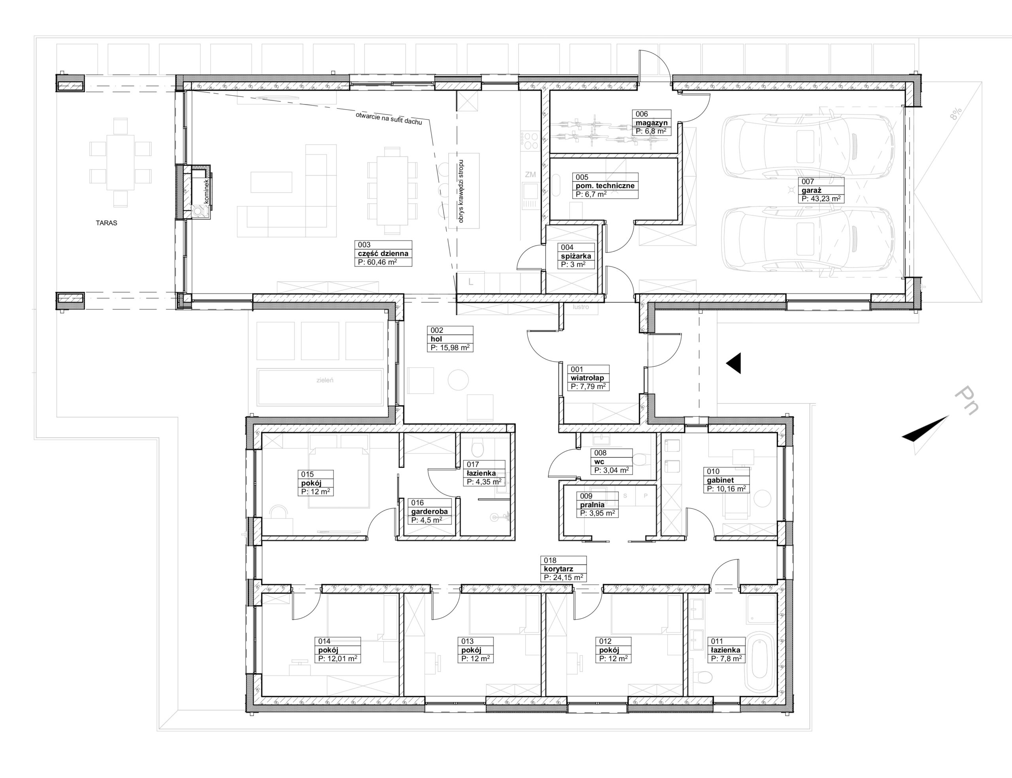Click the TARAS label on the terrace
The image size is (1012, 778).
(x=106, y=223)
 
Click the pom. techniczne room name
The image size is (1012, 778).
(x=605, y=186)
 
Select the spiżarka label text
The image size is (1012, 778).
(x=576, y=256)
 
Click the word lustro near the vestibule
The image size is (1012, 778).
(x=581, y=307)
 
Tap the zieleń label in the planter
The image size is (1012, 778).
(x=325, y=380)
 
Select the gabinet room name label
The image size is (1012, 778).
(x=721, y=480)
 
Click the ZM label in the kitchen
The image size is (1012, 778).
(x=530, y=174)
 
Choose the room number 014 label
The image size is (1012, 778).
(x=325, y=642)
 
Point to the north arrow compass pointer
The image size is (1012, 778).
(x=926, y=429)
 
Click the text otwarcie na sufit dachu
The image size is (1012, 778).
(x=389, y=119)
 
